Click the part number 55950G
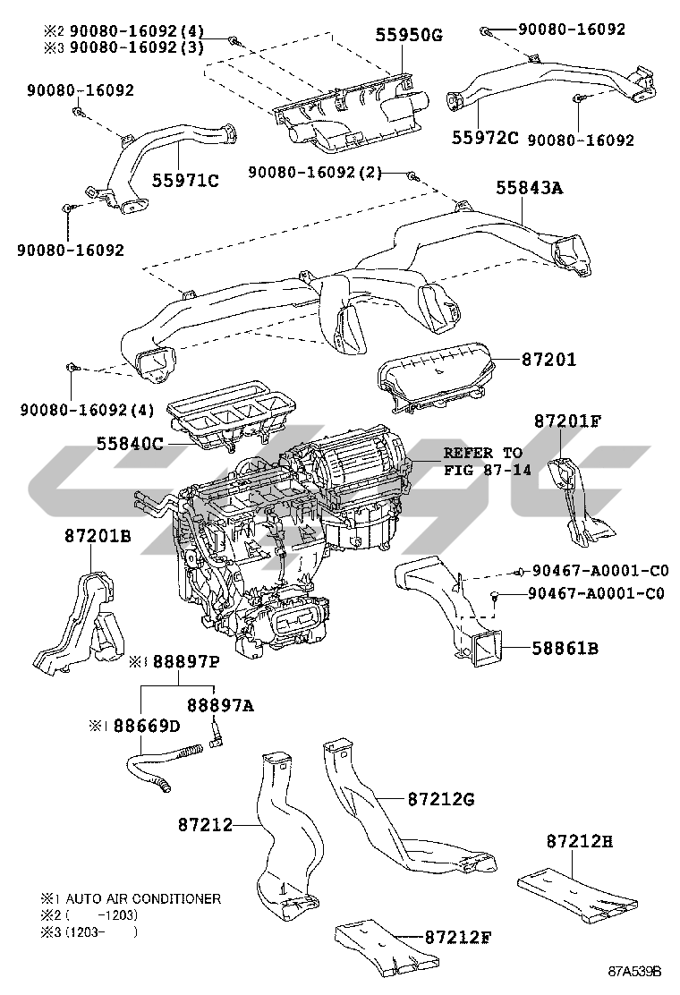click(x=409, y=35)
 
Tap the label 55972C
click(x=485, y=138)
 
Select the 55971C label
click(x=185, y=181)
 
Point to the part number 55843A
click(x=529, y=188)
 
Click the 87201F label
click(x=567, y=421)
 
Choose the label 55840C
click(x=130, y=444)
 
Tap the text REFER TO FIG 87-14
click(x=487, y=462)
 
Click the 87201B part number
click(x=98, y=536)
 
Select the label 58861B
click(x=565, y=649)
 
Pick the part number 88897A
click(x=220, y=705)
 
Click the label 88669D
click(x=147, y=726)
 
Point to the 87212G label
click(x=441, y=799)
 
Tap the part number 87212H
click(x=580, y=841)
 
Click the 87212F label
click(x=458, y=937)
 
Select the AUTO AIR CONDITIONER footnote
click(x=143, y=898)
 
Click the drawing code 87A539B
click(x=634, y=972)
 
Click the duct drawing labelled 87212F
click(x=386, y=949)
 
